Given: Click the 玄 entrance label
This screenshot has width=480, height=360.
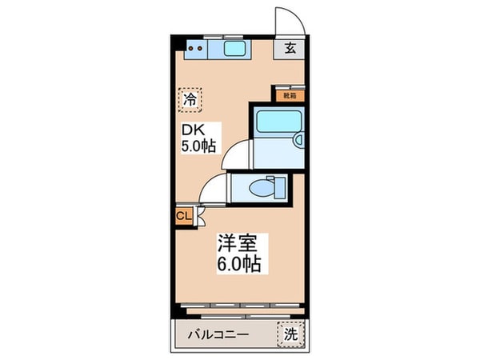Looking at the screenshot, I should pos(290,48).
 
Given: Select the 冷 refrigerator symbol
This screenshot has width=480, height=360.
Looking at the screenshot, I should pos(190,100).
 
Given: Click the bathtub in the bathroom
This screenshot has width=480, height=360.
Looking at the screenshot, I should pos(276,125).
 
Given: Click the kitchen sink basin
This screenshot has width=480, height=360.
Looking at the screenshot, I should pos(237,50).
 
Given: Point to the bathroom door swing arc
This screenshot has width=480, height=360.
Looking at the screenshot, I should pos(237,154).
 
